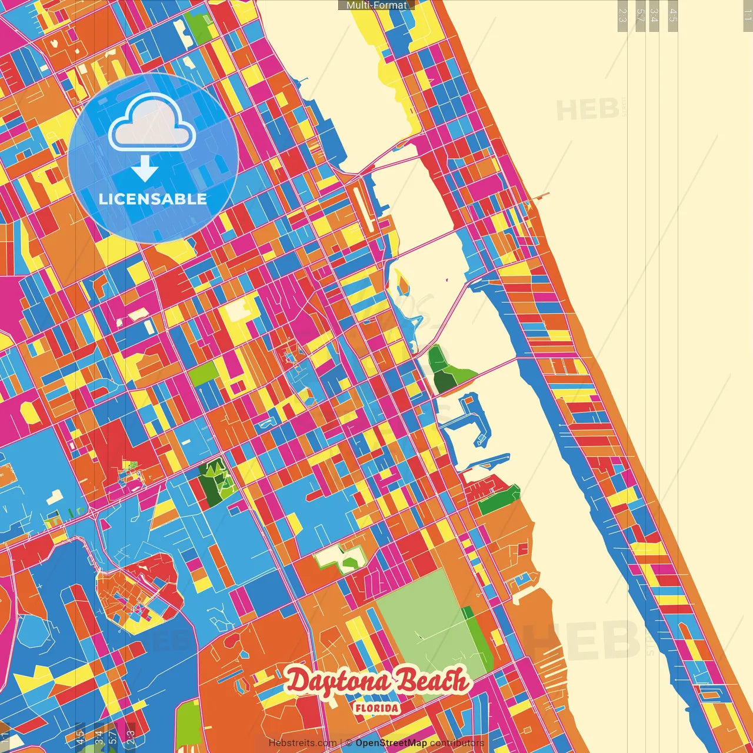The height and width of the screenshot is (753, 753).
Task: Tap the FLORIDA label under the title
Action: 376,708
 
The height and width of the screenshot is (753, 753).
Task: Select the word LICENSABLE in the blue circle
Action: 153,199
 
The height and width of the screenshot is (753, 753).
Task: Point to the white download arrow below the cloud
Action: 145,168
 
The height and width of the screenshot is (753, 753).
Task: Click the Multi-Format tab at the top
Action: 376,5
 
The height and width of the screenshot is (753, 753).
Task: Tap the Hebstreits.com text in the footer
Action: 302,743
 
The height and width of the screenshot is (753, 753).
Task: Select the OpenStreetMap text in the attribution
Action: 391,743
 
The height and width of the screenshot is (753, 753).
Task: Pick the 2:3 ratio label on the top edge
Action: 622,15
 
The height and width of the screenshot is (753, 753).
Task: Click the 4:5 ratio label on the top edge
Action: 673,15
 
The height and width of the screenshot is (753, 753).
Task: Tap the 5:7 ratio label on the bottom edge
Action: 112,738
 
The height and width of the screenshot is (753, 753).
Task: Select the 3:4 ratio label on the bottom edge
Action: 98,738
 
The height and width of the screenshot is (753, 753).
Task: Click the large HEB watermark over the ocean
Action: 582,641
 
